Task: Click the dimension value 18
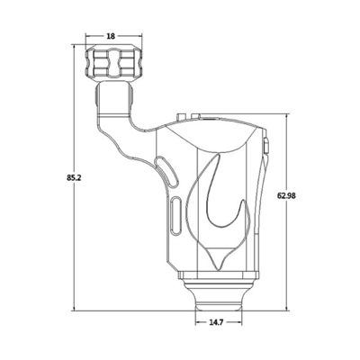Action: point(111,36)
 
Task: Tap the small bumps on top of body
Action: point(183,117)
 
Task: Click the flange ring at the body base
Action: point(220,274)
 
